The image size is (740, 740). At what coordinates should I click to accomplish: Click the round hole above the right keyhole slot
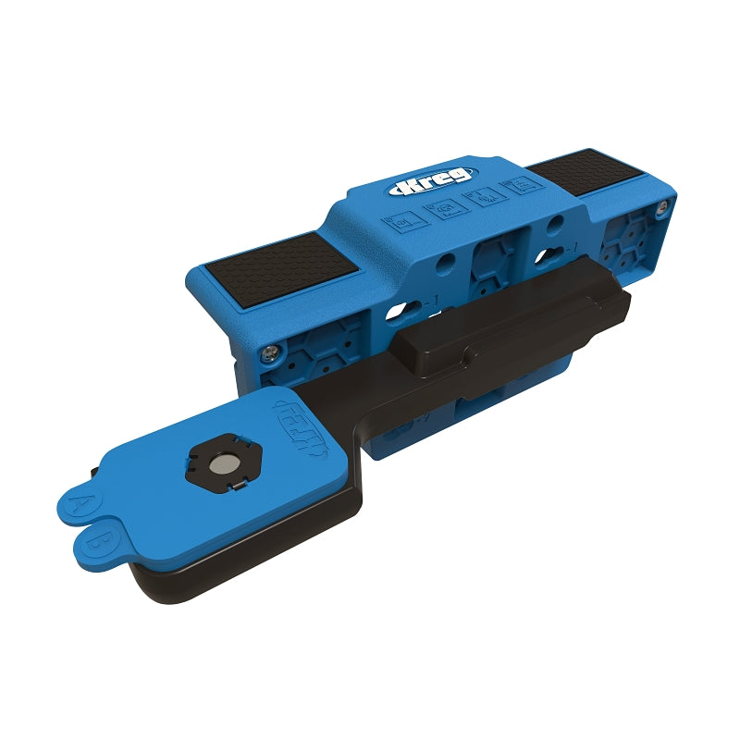tap(553, 225)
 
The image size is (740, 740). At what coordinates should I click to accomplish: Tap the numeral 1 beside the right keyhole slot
tap(575, 247)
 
